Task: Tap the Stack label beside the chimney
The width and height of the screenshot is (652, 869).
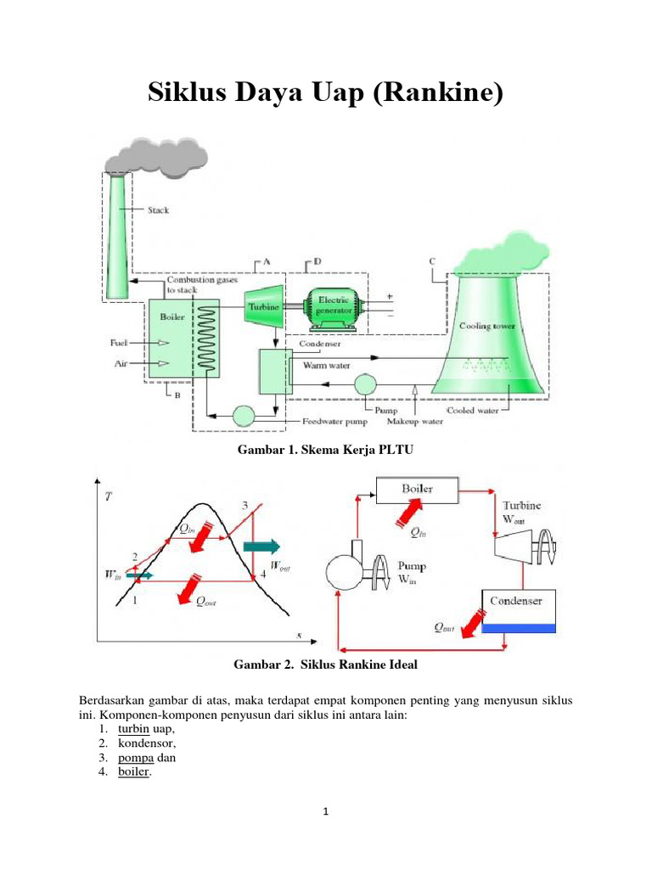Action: tap(158, 210)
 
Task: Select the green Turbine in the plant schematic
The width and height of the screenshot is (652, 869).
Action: tap(264, 306)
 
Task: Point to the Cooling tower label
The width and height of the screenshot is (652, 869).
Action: tap(486, 326)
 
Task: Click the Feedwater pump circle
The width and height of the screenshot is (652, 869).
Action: tap(244, 416)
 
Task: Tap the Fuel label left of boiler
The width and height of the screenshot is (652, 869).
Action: tap(119, 343)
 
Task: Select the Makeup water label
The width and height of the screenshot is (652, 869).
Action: tap(414, 422)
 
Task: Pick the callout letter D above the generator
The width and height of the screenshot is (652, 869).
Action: tap(318, 261)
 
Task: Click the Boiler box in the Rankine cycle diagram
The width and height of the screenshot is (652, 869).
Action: tap(418, 490)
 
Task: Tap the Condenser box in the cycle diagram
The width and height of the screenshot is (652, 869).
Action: tap(519, 611)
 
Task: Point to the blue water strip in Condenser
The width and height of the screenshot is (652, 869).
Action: tap(519, 629)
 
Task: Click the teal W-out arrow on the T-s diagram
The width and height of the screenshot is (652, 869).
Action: tap(261, 547)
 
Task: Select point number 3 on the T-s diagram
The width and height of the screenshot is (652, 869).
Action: tap(245, 506)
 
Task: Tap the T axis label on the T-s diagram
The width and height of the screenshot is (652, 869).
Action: tap(108, 496)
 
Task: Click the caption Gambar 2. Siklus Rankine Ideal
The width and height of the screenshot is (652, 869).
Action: tap(325, 664)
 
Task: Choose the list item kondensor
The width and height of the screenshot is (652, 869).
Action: tap(146, 743)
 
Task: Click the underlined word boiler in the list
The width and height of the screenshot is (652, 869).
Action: tap(133, 771)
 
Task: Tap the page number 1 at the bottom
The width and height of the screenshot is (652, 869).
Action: tap(326, 811)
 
